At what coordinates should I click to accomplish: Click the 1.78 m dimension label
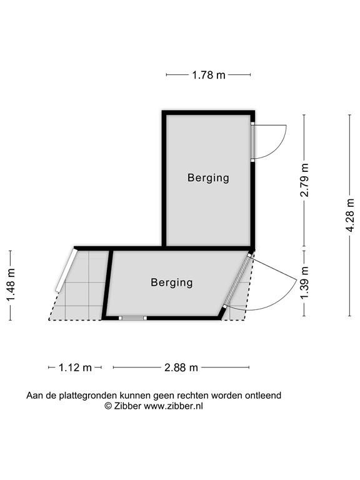pos(208,75)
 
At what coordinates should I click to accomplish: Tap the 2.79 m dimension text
pos(305,180)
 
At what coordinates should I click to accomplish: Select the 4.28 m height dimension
pos(351,216)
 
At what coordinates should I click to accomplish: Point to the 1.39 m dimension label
pos(305,282)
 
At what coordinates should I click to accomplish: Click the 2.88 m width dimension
pos(181,367)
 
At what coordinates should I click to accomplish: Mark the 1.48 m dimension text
pos(11,285)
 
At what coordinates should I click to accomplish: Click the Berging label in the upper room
pos(208,177)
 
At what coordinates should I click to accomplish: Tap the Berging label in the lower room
pos(171,282)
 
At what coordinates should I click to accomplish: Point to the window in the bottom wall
pos(132,318)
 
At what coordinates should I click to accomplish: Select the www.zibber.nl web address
pos(174,406)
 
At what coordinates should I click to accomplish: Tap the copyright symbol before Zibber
pos(108,406)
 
